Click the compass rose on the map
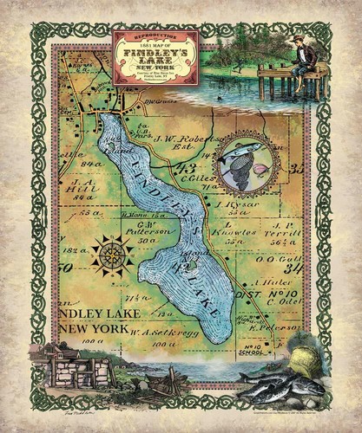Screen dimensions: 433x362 [111, 257]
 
